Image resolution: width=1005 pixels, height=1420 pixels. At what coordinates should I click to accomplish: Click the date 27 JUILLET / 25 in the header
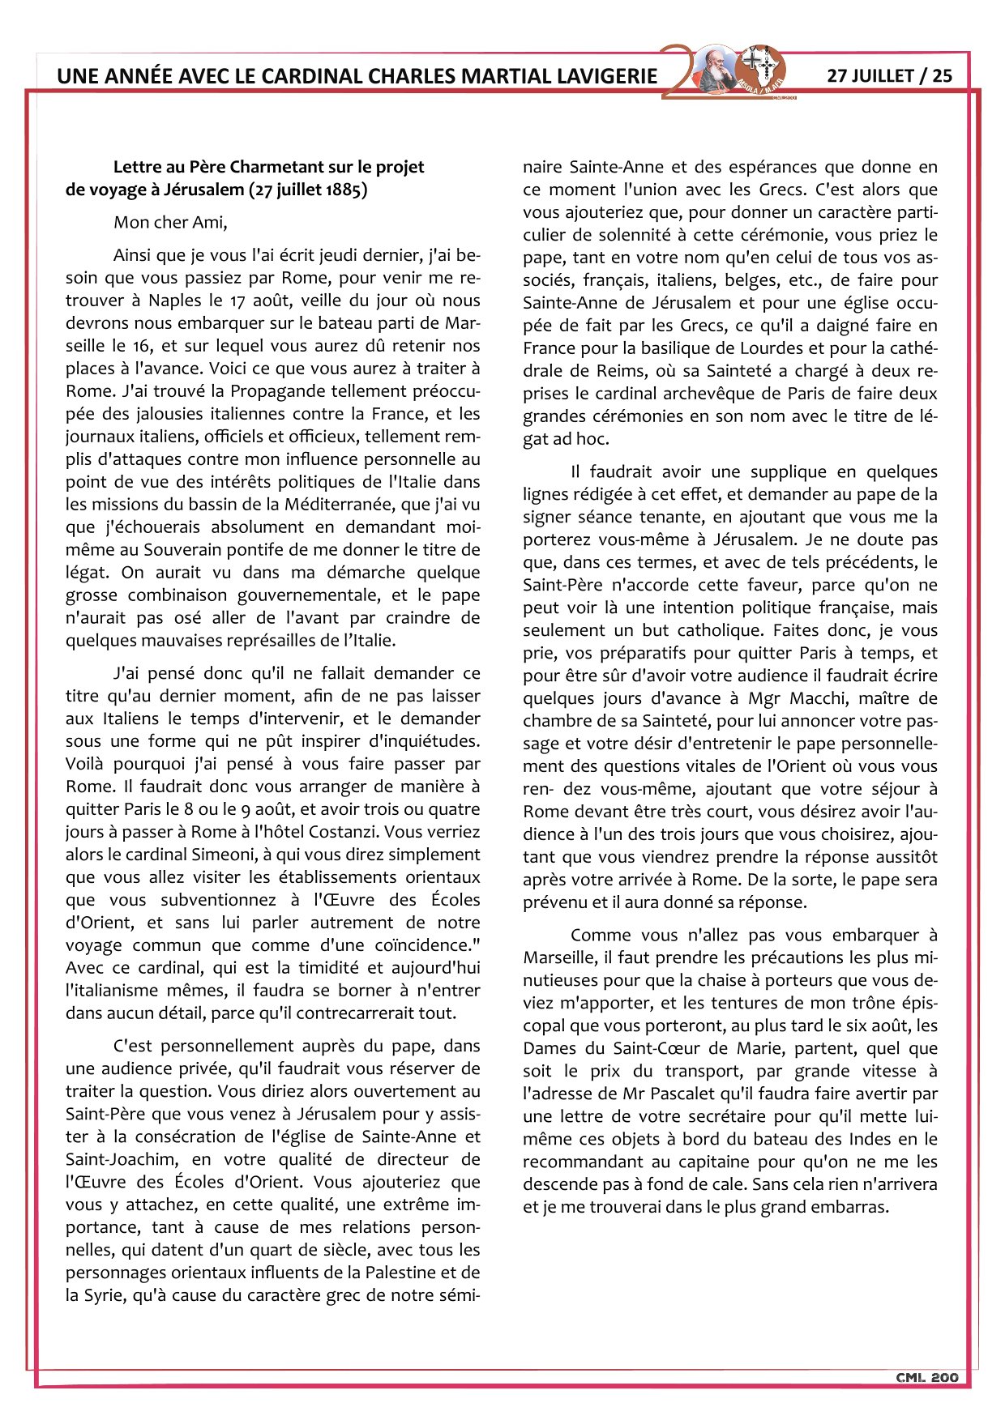(x=889, y=75)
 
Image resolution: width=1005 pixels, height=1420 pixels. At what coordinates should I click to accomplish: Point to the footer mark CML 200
(x=927, y=1377)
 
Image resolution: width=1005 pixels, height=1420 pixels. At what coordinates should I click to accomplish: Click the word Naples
(x=174, y=300)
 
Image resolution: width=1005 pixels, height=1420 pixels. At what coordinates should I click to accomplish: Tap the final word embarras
(x=853, y=1207)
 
